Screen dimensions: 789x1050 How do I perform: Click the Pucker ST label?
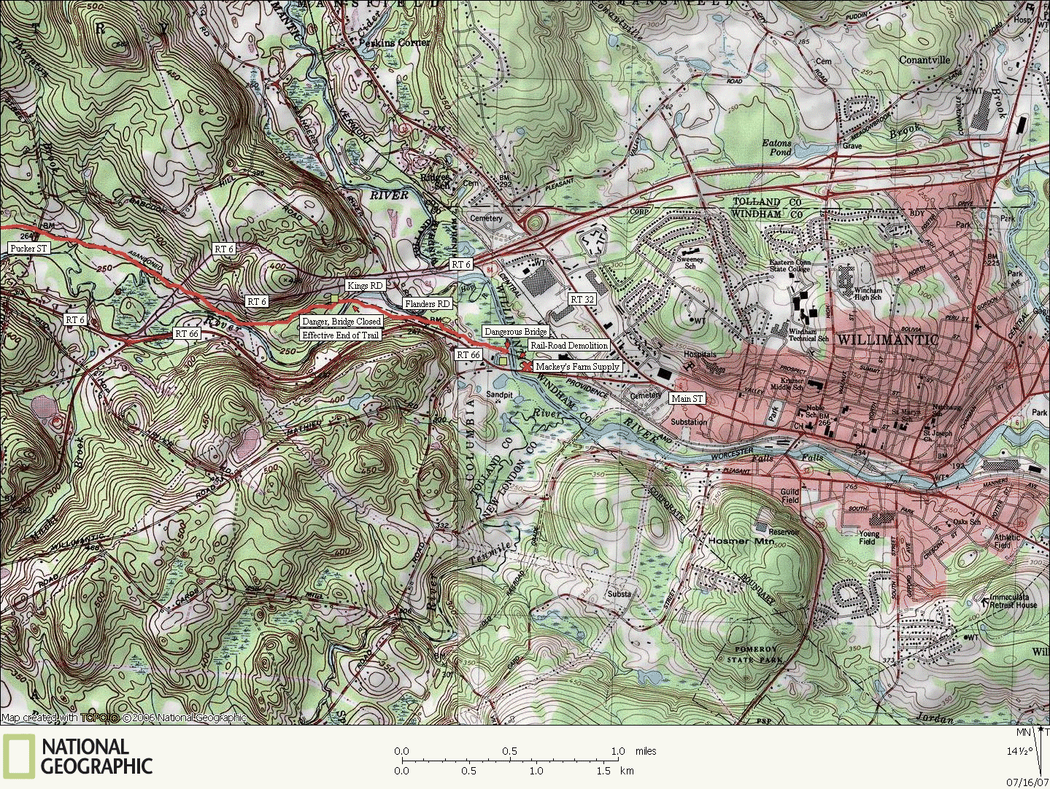(29, 249)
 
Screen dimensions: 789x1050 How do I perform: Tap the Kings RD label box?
(365, 286)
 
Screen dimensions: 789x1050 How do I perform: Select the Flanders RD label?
(428, 303)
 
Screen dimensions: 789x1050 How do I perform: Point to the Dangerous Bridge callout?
(515, 332)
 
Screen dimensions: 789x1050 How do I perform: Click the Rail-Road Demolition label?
(568, 346)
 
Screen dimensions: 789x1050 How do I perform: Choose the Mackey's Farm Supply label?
(576, 367)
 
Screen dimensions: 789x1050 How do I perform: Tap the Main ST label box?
(687, 399)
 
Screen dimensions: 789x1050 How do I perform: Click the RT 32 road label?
(582, 300)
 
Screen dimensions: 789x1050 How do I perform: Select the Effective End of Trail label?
(341, 335)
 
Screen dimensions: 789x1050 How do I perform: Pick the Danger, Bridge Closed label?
(341, 322)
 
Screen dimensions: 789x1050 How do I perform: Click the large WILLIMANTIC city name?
(887, 340)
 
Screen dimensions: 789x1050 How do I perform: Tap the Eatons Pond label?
(776, 148)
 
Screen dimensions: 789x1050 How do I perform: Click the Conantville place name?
(924, 61)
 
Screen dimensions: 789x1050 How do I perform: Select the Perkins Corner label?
(394, 43)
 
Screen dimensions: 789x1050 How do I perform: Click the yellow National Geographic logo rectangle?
(18, 755)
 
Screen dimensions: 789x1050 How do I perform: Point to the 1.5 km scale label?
(603, 771)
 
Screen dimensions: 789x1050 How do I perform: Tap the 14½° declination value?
(1020, 751)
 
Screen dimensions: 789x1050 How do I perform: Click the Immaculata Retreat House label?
(1014, 601)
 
